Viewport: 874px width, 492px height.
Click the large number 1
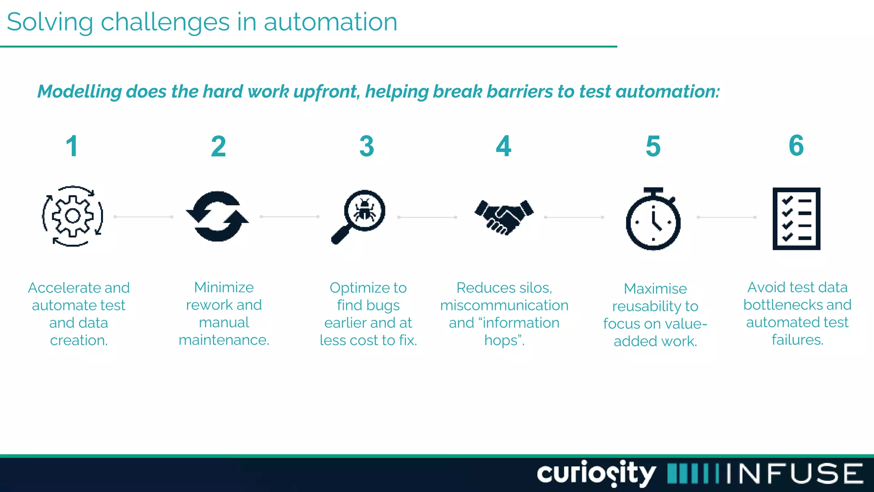click(72, 146)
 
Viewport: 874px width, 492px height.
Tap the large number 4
click(504, 146)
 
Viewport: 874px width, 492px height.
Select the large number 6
click(796, 146)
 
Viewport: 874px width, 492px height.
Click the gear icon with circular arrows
click(73, 216)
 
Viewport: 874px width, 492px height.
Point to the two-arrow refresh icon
click(217, 216)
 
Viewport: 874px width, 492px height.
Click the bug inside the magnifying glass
click(365, 210)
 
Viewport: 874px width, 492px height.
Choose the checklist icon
click(796, 218)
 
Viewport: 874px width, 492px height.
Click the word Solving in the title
click(50, 22)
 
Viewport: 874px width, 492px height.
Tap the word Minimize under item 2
click(224, 287)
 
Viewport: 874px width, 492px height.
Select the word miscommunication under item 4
click(504, 305)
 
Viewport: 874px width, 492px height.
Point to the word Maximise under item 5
click(655, 289)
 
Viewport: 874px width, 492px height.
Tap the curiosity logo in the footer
click(596, 473)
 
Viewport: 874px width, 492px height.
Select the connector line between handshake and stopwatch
click(574, 217)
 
